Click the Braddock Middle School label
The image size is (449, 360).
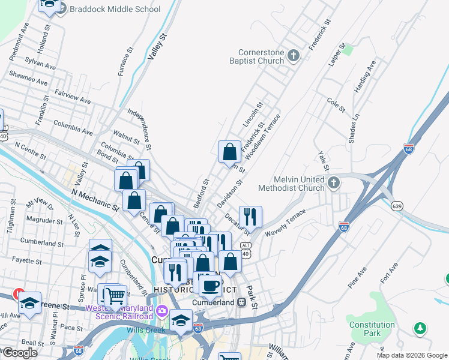(x=115, y=9)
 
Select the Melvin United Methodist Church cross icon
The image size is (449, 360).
(x=334, y=184)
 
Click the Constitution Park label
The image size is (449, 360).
(x=372, y=329)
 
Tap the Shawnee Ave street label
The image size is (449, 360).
(x=28, y=78)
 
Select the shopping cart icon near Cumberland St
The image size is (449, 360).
(x=114, y=295)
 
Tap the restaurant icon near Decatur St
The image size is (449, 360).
(x=250, y=216)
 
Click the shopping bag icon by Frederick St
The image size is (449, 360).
(x=230, y=152)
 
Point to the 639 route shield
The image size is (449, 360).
(x=398, y=206)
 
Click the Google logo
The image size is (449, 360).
(x=19, y=352)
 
